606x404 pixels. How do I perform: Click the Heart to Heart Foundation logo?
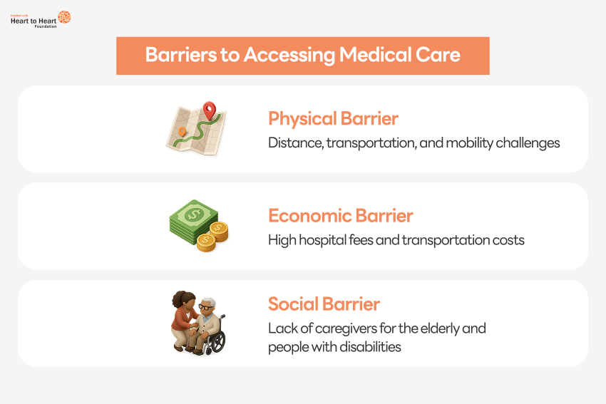41,20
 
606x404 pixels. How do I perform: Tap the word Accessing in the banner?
289,56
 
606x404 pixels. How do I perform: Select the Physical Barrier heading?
333,118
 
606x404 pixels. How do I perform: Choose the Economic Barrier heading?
341,215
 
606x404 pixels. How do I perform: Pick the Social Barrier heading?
324,304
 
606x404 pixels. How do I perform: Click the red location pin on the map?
209,110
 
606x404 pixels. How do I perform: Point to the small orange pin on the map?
182,131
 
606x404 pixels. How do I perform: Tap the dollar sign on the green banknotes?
193,214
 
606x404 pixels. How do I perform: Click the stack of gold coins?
212,237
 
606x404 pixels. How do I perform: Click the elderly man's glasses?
206,307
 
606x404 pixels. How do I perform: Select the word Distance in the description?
296,143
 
